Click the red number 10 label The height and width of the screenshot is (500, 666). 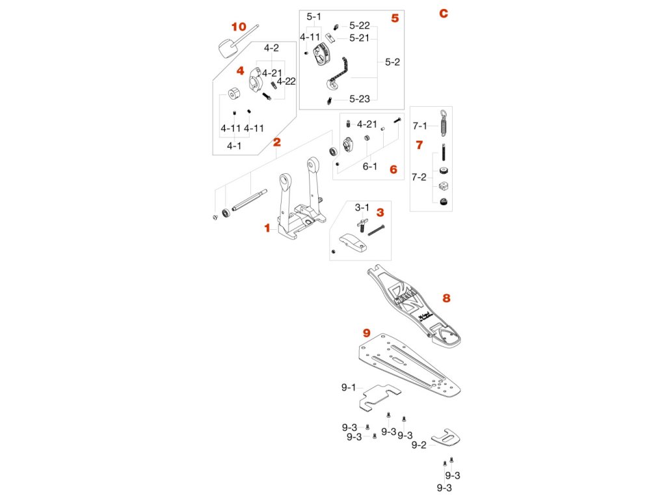pyautogui.click(x=239, y=27)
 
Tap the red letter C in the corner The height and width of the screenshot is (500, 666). pyautogui.click(x=444, y=14)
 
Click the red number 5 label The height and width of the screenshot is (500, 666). pyautogui.click(x=395, y=18)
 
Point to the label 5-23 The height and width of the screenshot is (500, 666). pyautogui.click(x=359, y=99)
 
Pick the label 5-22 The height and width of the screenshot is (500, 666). pyautogui.click(x=359, y=25)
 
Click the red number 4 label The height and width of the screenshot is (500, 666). pyautogui.click(x=240, y=70)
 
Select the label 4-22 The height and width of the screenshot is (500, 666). pyautogui.click(x=286, y=81)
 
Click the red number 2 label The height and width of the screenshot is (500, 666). pyautogui.click(x=276, y=141)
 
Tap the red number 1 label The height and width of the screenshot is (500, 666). pyautogui.click(x=266, y=228)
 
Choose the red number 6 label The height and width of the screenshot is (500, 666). pyautogui.click(x=393, y=169)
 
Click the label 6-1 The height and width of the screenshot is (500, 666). pyautogui.click(x=370, y=166)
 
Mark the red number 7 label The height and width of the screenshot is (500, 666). pyautogui.click(x=419, y=144)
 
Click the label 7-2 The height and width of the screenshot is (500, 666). pyautogui.click(x=420, y=176)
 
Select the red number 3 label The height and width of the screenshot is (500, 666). pyautogui.click(x=380, y=212)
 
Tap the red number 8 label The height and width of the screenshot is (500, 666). pyautogui.click(x=446, y=298)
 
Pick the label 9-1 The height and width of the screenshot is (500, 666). pyautogui.click(x=349, y=387)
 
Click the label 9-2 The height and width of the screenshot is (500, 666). pyautogui.click(x=420, y=445)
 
